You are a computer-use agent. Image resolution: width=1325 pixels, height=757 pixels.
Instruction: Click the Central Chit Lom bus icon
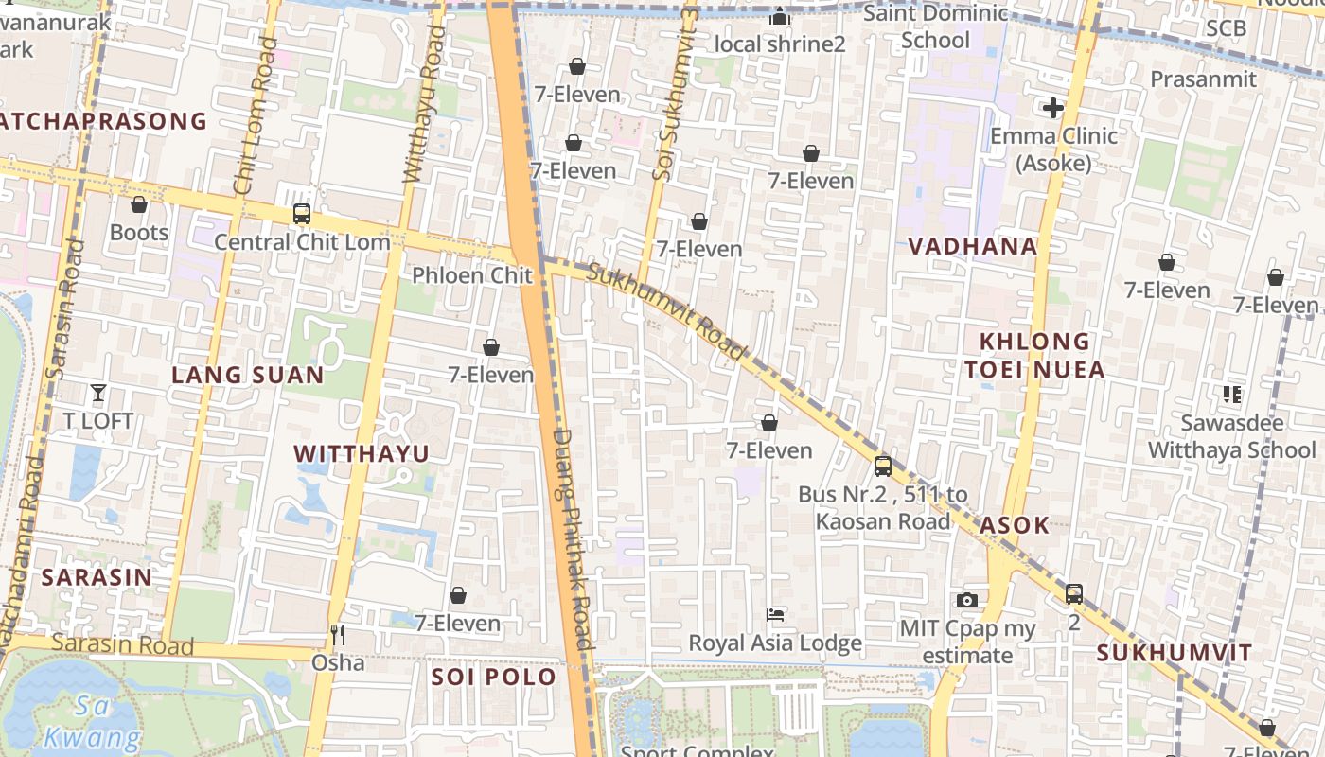[302, 214]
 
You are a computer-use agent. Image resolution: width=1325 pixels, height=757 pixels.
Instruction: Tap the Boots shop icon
[139, 204]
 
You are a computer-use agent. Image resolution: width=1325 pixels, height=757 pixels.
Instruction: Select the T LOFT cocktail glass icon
[98, 392]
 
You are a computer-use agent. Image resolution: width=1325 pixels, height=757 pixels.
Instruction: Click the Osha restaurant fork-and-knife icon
[337, 634]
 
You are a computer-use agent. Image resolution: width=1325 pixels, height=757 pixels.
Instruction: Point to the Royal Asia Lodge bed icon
[775, 615]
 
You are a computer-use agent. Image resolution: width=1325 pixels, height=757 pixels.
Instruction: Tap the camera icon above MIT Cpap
[966, 600]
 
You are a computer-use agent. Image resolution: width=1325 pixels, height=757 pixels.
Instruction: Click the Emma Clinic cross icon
[1053, 108]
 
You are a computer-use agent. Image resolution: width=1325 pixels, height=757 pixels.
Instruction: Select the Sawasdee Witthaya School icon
[1231, 394]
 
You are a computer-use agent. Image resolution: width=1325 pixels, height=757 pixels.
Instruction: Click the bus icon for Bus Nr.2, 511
[883, 466]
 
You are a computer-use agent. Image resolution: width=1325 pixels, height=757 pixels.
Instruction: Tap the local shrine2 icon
[779, 16]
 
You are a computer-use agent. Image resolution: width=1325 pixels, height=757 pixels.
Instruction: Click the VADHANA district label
[972, 247]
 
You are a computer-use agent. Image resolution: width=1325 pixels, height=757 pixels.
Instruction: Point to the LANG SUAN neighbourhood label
[248, 375]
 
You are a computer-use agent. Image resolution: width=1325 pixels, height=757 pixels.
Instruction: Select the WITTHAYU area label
[362, 453]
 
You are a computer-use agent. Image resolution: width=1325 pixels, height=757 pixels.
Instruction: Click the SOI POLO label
[494, 678]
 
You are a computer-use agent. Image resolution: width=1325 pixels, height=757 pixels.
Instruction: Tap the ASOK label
[1015, 525]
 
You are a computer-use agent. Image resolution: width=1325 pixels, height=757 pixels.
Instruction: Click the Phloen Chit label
[472, 275]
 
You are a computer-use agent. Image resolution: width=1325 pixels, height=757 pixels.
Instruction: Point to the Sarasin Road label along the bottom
[122, 644]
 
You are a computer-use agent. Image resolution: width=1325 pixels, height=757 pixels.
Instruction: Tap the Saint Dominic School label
[936, 26]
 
